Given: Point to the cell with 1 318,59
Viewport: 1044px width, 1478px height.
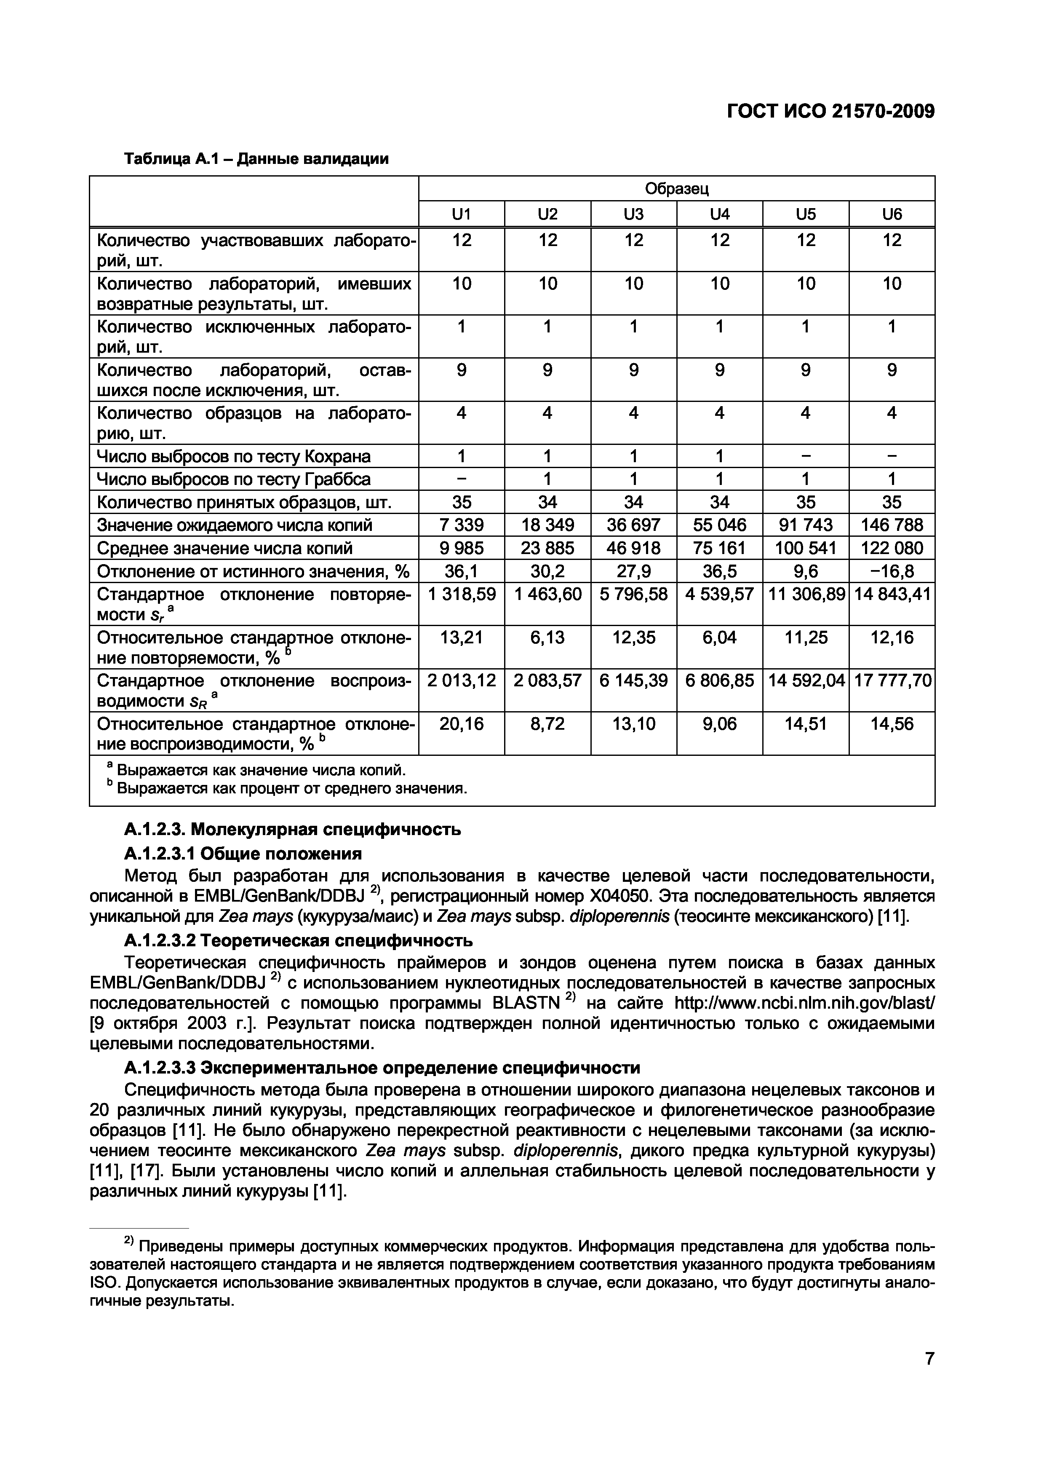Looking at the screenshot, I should pyautogui.click(x=461, y=594).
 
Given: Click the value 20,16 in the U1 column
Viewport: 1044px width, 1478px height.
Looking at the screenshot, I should pyautogui.click(x=461, y=724).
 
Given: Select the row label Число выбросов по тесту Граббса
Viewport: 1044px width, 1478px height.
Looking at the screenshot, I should pyautogui.click(x=233, y=479).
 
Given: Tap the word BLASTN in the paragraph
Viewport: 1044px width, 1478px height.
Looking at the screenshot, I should pyautogui.click(x=526, y=1004).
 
